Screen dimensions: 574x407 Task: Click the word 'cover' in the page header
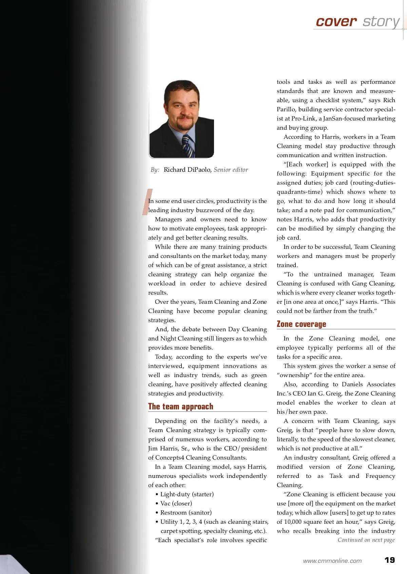coord(336,21)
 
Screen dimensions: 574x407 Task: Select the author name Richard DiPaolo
coord(188,170)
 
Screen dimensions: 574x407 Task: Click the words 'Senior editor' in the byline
coord(231,170)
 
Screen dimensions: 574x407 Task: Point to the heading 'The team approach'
coord(180,406)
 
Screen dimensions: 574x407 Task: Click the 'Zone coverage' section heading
coord(301,324)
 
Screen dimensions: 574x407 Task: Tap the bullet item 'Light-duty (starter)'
coord(187,494)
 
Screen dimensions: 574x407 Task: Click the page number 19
coord(390,560)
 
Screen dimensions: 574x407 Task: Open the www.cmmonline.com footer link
coord(332,561)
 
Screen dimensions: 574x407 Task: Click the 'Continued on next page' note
coord(366,540)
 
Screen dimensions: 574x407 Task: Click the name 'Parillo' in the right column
coord(286,109)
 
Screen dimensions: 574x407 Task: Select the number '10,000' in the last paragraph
coord(294,522)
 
